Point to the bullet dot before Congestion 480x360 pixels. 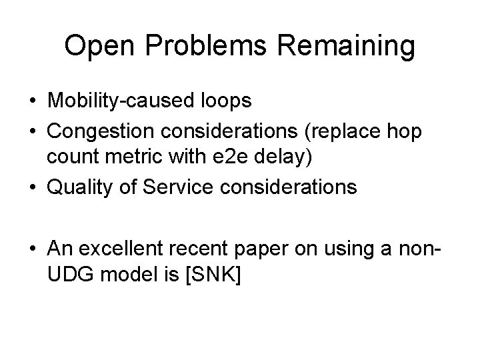pyautogui.click(x=31, y=132)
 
